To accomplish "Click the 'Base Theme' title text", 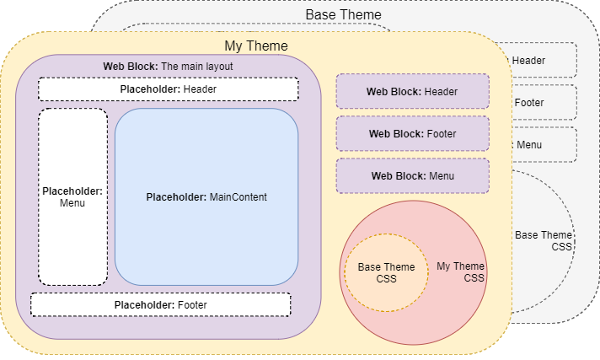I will pos(343,15).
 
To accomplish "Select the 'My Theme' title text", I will pos(255,46).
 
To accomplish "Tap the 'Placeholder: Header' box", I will pos(168,89).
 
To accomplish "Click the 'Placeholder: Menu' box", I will pos(72,197).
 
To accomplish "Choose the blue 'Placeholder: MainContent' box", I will pos(206,197).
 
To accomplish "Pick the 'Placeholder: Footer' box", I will pos(160,304).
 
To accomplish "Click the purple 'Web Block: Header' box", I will pos(412,91).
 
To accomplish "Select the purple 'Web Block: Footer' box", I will pos(412,133).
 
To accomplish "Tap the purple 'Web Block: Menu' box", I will pos(412,176).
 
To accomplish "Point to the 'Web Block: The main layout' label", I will pos(168,66).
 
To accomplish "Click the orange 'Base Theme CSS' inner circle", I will pos(386,272).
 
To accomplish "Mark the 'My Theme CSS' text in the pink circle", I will pos(461,272).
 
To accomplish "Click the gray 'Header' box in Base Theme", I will pos(544,60).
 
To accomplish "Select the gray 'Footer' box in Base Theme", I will pos(544,103).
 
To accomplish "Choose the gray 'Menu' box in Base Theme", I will pos(544,145).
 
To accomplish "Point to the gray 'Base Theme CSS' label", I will pos(544,240).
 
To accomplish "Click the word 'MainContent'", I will pos(238,197).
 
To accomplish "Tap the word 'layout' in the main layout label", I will pos(217,66).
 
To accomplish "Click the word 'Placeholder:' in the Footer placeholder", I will pos(144,304).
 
